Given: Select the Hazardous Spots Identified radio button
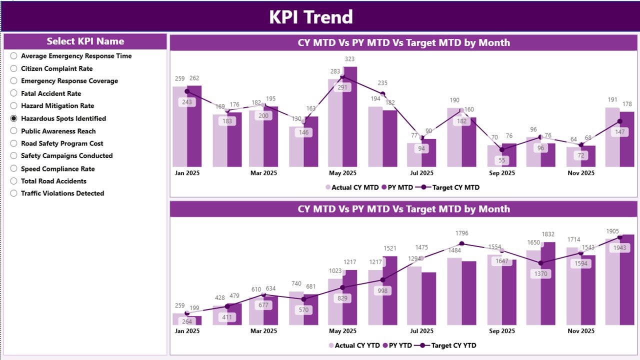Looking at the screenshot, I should [14, 118].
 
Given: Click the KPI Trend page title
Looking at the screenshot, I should [311, 17].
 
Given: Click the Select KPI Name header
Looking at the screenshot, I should [85, 41].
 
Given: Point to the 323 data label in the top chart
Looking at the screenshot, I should [349, 59].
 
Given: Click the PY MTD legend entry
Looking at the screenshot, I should [397, 187].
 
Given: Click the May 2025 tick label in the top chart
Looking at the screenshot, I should [342, 173].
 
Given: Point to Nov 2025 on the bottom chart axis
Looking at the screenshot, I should [581, 331].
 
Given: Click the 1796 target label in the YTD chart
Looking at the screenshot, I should [461, 233].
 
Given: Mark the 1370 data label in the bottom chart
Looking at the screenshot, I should [541, 273].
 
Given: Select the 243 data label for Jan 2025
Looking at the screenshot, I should [187, 102].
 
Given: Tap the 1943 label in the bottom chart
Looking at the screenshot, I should [620, 248].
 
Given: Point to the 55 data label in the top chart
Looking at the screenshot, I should [502, 160].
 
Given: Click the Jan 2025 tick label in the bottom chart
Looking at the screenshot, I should [187, 331].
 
